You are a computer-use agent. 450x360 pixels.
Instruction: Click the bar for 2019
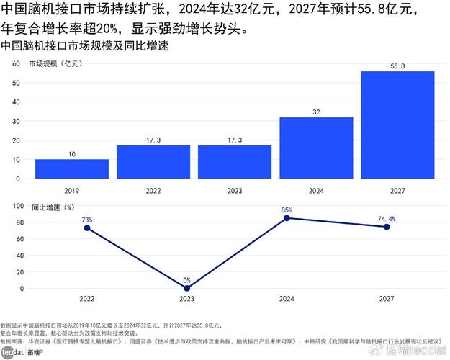pyautogui.click(x=72, y=169)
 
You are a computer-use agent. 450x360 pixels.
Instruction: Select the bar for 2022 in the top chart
pyautogui.click(x=153, y=162)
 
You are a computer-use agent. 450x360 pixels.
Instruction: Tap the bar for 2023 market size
pyautogui.click(x=235, y=162)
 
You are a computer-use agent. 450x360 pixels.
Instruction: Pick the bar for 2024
pyautogui.click(x=316, y=148)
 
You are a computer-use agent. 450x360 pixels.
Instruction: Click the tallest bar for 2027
pyautogui.click(x=397, y=125)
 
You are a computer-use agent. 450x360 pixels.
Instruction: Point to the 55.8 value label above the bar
pyautogui.click(x=397, y=66)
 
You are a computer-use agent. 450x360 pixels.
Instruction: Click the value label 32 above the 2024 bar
pyautogui.click(x=316, y=112)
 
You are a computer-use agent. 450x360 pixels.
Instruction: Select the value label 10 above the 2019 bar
pyautogui.click(x=72, y=154)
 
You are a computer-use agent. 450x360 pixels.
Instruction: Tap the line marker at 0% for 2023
pyautogui.click(x=187, y=289)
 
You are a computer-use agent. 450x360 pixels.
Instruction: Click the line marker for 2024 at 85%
pyautogui.click(x=287, y=218)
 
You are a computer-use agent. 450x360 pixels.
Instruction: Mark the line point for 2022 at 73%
pyautogui.click(x=87, y=228)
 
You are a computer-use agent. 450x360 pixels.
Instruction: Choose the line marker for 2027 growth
pyautogui.click(x=387, y=227)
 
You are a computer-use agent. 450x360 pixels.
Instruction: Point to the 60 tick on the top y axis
pyautogui.click(x=14, y=64)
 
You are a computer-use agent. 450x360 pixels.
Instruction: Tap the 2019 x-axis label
pyautogui.click(x=72, y=192)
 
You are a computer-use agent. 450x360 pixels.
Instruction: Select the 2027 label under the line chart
pyautogui.click(x=387, y=298)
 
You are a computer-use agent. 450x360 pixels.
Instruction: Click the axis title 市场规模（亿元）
pyautogui.click(x=55, y=64)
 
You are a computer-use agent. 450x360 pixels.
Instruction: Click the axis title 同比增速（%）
pyautogui.click(x=53, y=207)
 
